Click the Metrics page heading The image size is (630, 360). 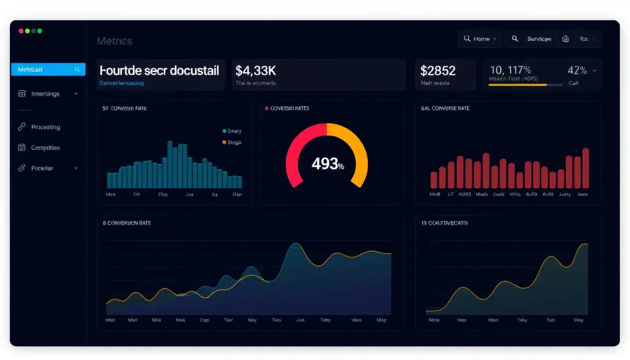click(x=114, y=41)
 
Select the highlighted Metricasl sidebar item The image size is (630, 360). click(x=48, y=69)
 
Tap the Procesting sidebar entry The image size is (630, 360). click(x=45, y=127)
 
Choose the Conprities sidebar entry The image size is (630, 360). click(x=45, y=148)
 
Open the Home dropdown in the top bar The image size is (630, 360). click(x=480, y=39)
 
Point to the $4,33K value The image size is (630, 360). click(x=255, y=71)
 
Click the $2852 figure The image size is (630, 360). click(x=437, y=71)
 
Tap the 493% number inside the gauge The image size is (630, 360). click(x=327, y=164)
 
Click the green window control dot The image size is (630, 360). click(x=40, y=31)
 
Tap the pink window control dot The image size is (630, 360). click(x=21, y=31)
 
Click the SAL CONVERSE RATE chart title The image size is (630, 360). click(x=445, y=108)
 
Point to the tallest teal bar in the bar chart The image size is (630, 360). click(x=170, y=165)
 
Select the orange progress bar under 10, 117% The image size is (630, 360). click(x=517, y=85)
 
